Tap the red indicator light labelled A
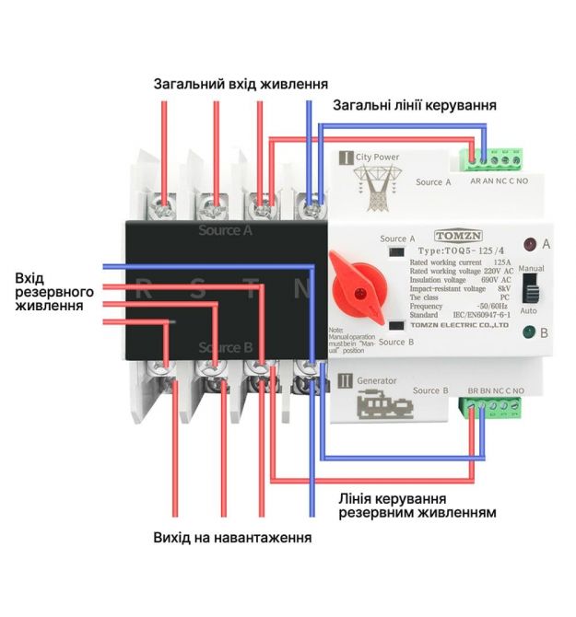click(x=530, y=245)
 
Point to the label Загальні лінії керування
click(x=415, y=105)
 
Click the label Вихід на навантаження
click(x=231, y=536)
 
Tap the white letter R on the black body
click(x=144, y=288)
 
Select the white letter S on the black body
click(x=198, y=288)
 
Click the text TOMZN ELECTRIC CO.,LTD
click(x=459, y=326)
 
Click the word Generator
click(x=376, y=380)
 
